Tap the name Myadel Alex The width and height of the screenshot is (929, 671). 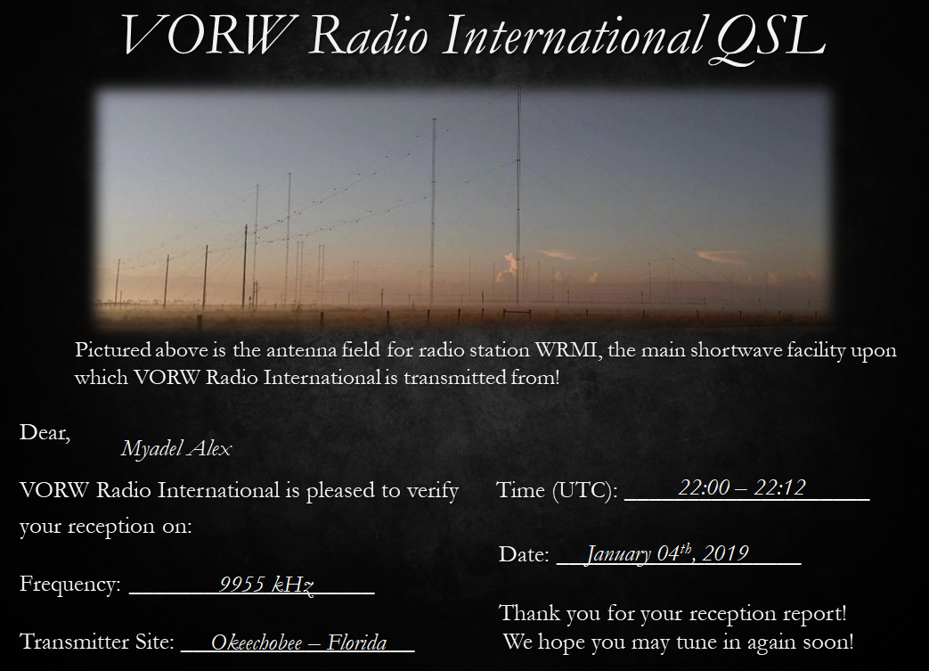click(176, 449)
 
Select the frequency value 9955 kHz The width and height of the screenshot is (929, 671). click(266, 585)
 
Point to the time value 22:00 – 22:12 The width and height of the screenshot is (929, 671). click(742, 487)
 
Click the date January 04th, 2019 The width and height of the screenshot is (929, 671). click(667, 553)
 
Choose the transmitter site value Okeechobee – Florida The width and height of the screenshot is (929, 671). click(298, 642)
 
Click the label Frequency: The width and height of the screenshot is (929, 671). click(70, 585)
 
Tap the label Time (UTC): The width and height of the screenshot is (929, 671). click(557, 490)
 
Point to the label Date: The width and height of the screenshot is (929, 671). click(524, 554)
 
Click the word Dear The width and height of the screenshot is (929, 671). click(44, 433)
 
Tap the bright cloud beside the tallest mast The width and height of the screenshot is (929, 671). click(508, 266)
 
